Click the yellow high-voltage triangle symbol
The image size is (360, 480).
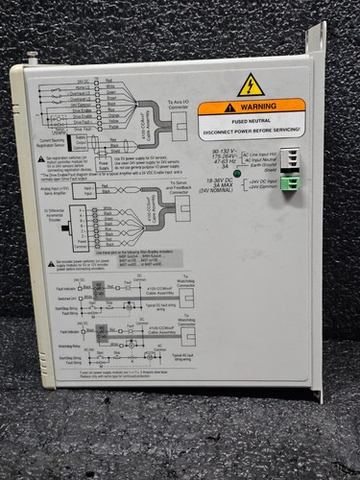[x=251, y=84]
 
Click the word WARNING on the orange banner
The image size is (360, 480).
[x=258, y=108]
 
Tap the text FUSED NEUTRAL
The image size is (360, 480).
[x=252, y=119]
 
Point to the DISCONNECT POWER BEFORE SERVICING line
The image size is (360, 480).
[x=252, y=128]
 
